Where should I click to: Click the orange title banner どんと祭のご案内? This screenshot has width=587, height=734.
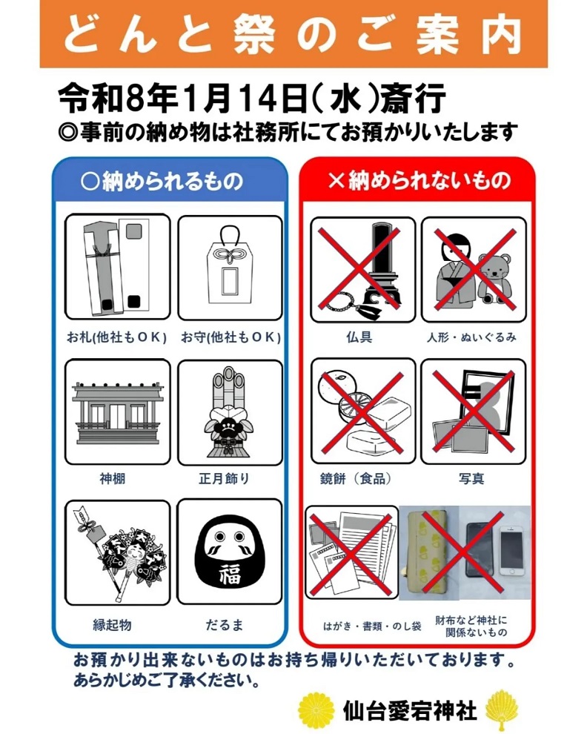point(293,33)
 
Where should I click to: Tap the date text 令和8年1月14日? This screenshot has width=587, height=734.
point(182,99)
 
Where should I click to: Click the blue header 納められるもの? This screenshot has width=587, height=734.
point(162,181)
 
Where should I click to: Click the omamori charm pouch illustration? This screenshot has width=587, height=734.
point(230,265)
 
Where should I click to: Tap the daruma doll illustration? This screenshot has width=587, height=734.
point(230,553)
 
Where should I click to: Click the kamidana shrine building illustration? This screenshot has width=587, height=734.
point(117,413)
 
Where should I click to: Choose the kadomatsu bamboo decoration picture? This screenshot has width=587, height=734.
point(229,412)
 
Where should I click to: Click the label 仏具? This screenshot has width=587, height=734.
point(359,337)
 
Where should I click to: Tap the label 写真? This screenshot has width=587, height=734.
point(471,478)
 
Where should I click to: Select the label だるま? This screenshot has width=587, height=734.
point(225,624)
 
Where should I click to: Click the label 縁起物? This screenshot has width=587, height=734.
point(113,624)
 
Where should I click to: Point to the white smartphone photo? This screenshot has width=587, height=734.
point(511,550)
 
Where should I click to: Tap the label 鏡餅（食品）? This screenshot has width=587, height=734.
point(356,478)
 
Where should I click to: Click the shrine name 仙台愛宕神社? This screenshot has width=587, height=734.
point(410,710)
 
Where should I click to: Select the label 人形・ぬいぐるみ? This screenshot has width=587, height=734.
point(471,337)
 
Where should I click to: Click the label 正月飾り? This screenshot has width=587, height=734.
point(224,478)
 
